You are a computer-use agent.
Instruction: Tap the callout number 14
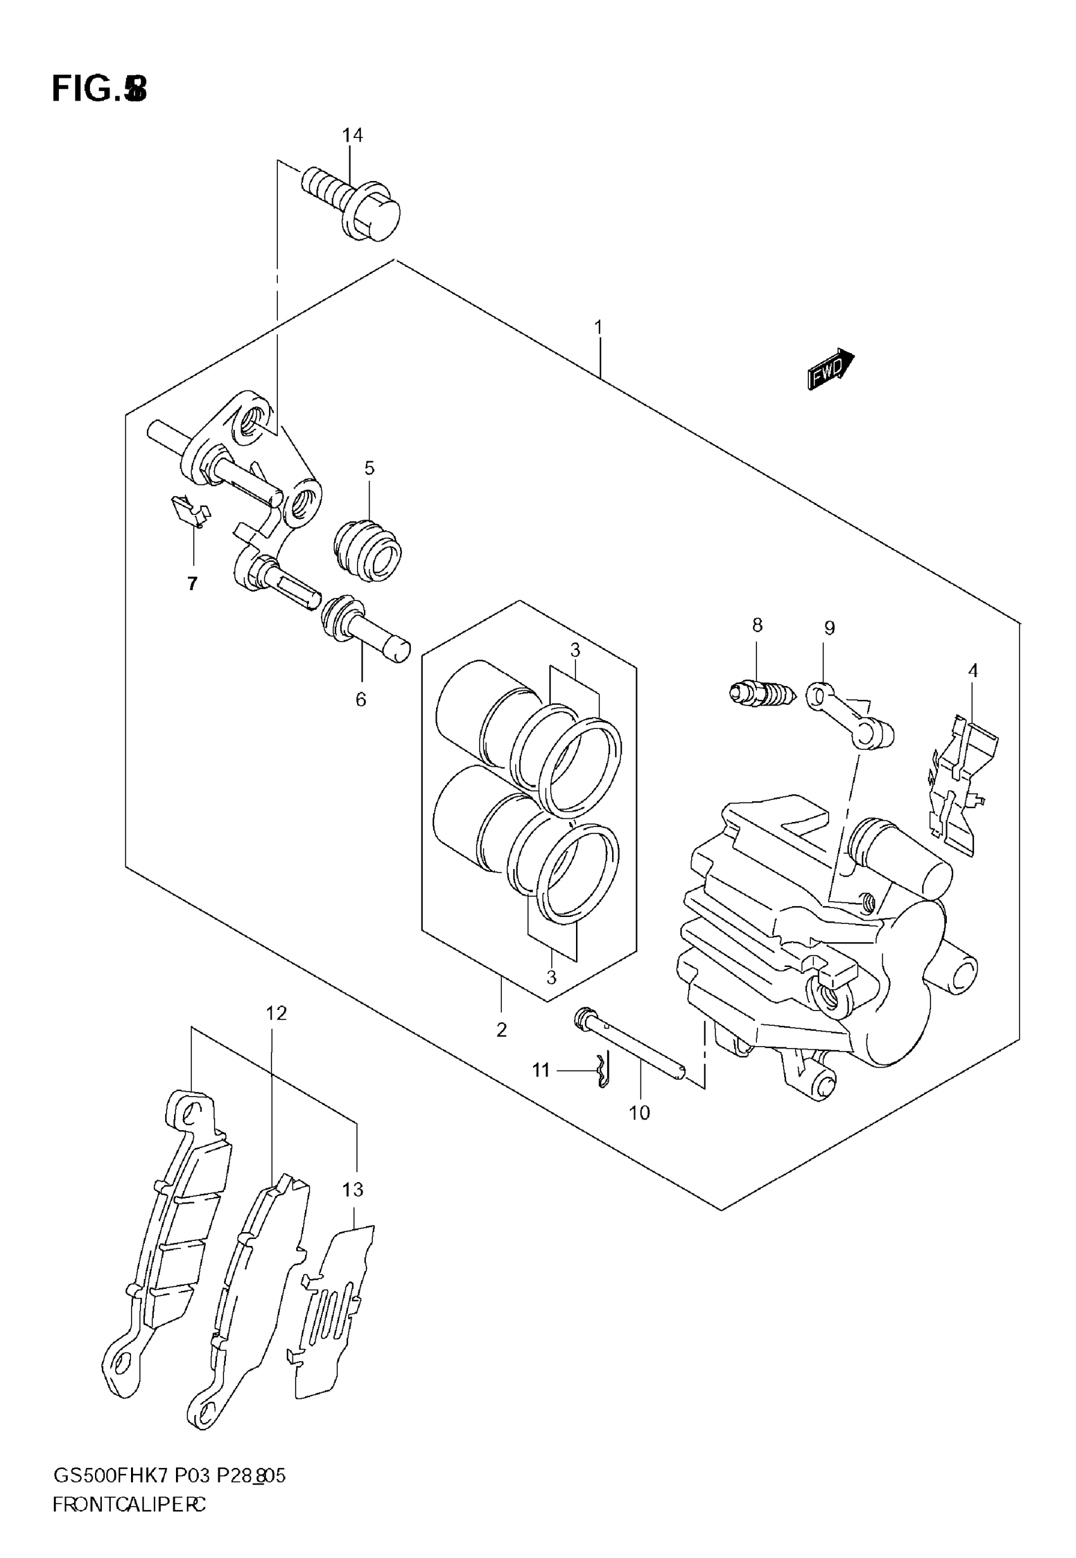pos(352,135)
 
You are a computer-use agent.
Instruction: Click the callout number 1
pos(598,328)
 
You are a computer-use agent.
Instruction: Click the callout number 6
pos(361,699)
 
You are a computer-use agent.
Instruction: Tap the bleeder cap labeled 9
pos(851,719)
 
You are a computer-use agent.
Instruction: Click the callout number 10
pos(639,1113)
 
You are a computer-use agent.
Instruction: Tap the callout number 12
pos(276,1013)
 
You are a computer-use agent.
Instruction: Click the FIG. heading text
pos(99,89)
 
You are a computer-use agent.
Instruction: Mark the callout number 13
pos(353,1190)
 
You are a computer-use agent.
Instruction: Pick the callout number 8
pos(757,625)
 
